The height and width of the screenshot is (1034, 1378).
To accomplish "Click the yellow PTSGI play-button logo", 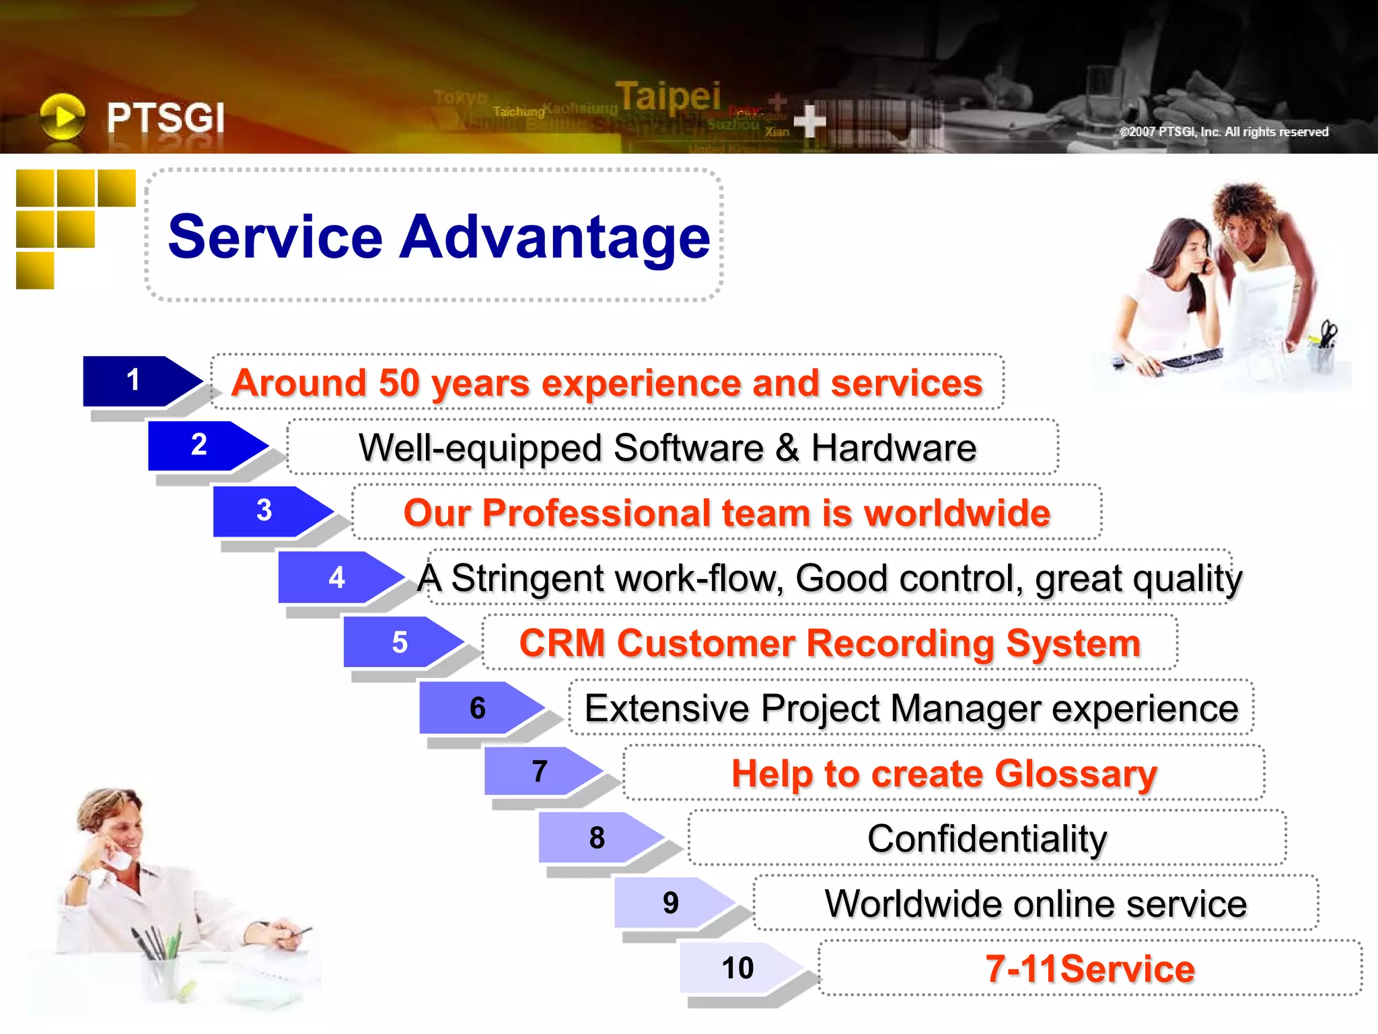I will click(x=63, y=116).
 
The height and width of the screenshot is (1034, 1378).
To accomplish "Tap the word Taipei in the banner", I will click(x=667, y=96).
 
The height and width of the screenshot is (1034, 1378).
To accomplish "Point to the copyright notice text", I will click(x=1224, y=132).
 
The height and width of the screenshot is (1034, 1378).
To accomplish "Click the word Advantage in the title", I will click(x=554, y=236).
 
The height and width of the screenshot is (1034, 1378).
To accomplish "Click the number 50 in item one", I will click(x=399, y=383).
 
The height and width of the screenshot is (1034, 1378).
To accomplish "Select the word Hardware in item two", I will click(x=894, y=448).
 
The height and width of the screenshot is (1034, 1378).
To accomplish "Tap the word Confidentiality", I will click(x=986, y=839).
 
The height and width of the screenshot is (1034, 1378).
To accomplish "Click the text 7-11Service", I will click(x=1089, y=969).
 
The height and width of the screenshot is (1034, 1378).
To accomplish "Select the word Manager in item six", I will click(x=965, y=708).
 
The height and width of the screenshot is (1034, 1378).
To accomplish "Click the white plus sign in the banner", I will click(x=809, y=121).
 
